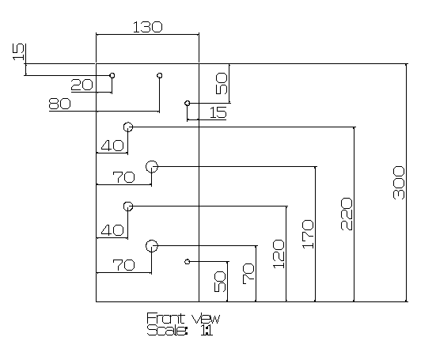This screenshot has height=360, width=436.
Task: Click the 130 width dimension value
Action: tap(147, 27)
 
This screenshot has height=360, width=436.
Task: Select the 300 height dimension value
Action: tap(399, 183)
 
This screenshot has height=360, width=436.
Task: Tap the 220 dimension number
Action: tap(347, 214)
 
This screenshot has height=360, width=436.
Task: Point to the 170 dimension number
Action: tap(308, 233)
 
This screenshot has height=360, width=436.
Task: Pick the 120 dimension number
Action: tap(279, 254)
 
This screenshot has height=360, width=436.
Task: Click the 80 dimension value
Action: tap(59, 104)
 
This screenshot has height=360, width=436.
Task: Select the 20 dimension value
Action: tap(82, 85)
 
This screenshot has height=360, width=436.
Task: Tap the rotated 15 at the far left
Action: tap(19, 51)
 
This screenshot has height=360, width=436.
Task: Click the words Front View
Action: tap(184, 318)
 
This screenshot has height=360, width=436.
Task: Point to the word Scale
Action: tap(166, 330)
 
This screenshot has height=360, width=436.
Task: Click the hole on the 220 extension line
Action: tap(128, 127)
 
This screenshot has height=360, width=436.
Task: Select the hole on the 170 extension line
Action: tap(152, 167)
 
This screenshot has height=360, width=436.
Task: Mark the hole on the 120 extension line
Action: tap(128, 207)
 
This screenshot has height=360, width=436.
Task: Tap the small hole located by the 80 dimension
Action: tap(160, 75)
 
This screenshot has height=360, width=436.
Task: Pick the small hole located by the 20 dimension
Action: tap(112, 75)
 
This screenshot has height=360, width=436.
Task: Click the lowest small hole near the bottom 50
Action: tap(188, 262)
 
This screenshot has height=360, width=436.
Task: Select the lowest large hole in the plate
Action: tap(152, 246)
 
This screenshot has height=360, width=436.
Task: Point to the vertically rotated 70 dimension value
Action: tap(248, 274)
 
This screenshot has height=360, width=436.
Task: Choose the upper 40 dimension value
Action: tap(112, 146)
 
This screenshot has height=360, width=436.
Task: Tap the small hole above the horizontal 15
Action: tap(188, 104)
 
